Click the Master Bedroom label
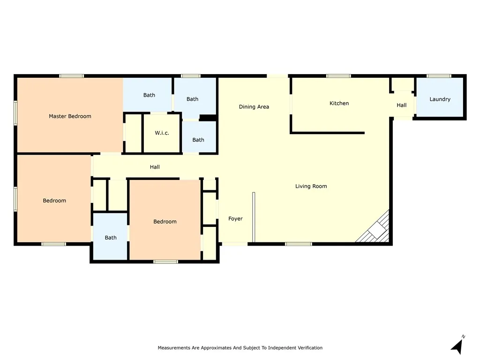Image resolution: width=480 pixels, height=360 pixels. tap(70, 116)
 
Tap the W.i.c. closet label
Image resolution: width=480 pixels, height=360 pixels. tap(162, 133)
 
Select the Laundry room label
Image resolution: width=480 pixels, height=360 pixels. tap(440, 99)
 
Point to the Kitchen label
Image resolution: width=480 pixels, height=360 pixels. tap(339, 103)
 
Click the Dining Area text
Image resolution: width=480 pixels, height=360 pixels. tap(254, 107)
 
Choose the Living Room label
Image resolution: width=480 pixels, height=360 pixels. tap(311, 186)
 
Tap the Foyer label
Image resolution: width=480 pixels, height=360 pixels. tap(235, 218)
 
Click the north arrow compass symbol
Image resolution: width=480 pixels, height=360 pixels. tap(457, 345)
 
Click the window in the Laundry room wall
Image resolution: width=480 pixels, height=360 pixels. tap(439, 76)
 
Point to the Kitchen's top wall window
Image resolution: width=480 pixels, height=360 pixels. tap(338, 76)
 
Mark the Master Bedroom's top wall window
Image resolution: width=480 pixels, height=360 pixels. tap(72, 76)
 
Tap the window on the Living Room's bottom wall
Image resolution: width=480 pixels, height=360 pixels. tap(299, 244)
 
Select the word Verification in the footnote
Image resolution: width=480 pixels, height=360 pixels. tap(309, 348)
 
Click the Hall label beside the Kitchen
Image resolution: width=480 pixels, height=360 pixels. tap(402, 105)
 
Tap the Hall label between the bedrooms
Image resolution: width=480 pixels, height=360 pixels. tap(155, 167)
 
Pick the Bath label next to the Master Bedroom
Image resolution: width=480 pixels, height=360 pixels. tap(150, 95)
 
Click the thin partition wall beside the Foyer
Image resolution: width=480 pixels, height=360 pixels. tap(254, 217)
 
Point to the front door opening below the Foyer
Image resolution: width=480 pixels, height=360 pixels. tap(235, 244)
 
